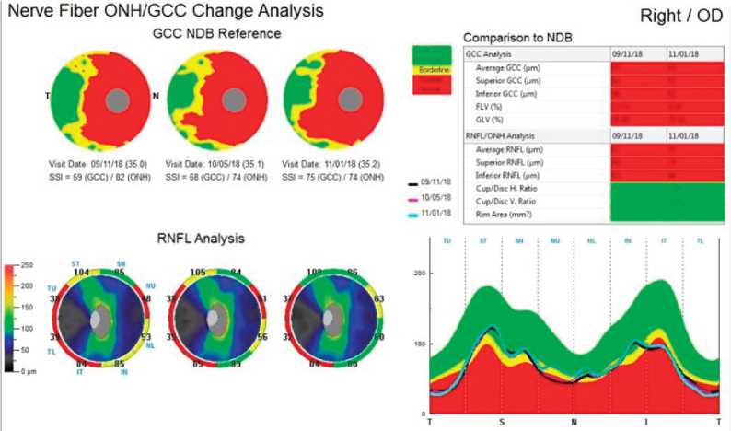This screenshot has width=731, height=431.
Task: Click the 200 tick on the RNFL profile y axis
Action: click(422, 274)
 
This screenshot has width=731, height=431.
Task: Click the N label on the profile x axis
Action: click(574, 421)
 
